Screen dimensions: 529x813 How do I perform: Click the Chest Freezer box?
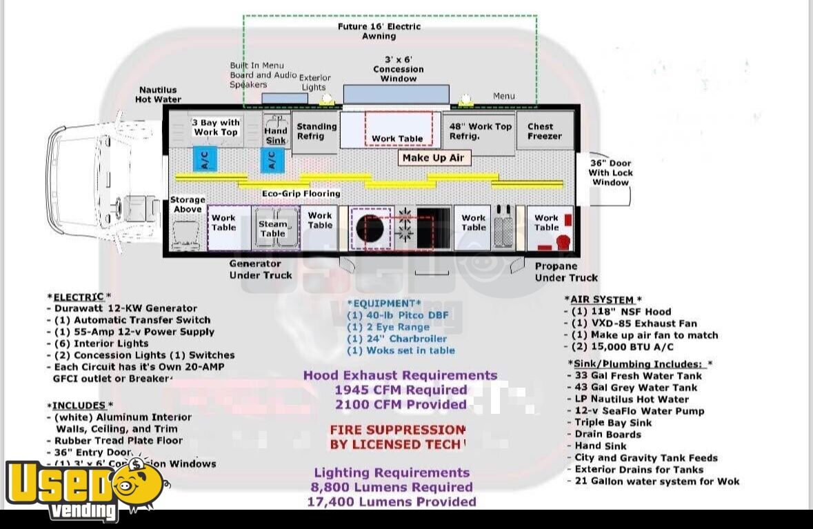545,131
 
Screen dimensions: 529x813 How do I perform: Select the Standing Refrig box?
317,131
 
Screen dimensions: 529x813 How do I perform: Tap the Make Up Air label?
433,158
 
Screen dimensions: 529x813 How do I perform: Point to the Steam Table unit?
273,228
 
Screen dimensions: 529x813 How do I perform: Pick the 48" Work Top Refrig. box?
481,131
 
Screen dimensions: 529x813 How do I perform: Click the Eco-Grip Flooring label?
301,194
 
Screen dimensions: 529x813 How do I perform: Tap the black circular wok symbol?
370,228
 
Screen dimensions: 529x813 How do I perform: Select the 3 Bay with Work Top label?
216,128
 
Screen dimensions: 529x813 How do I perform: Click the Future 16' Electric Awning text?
379,31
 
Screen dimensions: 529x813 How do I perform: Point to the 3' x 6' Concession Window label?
399,69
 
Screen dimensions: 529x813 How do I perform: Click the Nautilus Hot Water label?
158,94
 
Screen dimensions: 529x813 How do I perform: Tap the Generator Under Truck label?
260,269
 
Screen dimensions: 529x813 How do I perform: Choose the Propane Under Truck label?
565,272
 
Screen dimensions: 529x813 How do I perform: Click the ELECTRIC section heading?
79,297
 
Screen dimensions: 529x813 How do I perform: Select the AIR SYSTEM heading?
603,299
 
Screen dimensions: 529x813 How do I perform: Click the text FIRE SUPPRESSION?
397,430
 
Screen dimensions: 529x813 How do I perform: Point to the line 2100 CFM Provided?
401,404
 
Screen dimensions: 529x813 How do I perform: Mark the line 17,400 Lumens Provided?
392,501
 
